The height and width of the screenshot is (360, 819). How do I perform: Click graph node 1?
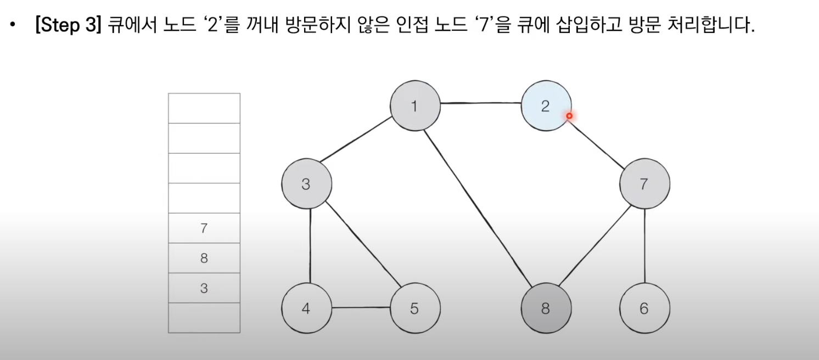pyautogui.click(x=415, y=106)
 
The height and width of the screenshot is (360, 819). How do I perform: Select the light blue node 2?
pyautogui.click(x=546, y=106)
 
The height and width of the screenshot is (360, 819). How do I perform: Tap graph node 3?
pyautogui.click(x=306, y=184)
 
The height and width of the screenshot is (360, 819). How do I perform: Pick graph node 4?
pyautogui.click(x=306, y=308)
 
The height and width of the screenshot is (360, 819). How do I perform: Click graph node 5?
pyautogui.click(x=415, y=308)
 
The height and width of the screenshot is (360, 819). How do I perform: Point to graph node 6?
pyautogui.click(x=644, y=308)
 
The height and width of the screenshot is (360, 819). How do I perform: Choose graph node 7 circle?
pyautogui.click(x=644, y=184)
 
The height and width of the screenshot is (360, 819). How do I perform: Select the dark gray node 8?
pyautogui.click(x=546, y=308)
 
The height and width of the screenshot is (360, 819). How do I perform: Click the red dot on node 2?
pyautogui.click(x=569, y=116)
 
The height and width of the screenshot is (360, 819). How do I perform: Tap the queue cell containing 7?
pyautogui.click(x=204, y=228)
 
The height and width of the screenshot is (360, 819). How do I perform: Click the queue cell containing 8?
pyautogui.click(x=204, y=258)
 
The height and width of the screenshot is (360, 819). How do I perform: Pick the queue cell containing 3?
pyautogui.click(x=204, y=288)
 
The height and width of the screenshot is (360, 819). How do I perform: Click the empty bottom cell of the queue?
pyautogui.click(x=204, y=318)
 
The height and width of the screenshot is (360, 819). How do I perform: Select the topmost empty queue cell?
pyautogui.click(x=204, y=108)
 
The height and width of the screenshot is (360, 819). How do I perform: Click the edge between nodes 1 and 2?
pyautogui.click(x=480, y=103)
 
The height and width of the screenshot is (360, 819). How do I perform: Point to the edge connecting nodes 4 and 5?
pyautogui.click(x=361, y=308)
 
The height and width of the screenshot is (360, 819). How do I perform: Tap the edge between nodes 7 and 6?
pyautogui.click(x=644, y=246)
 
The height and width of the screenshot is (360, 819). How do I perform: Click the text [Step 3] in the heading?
pyautogui.click(x=65, y=26)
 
